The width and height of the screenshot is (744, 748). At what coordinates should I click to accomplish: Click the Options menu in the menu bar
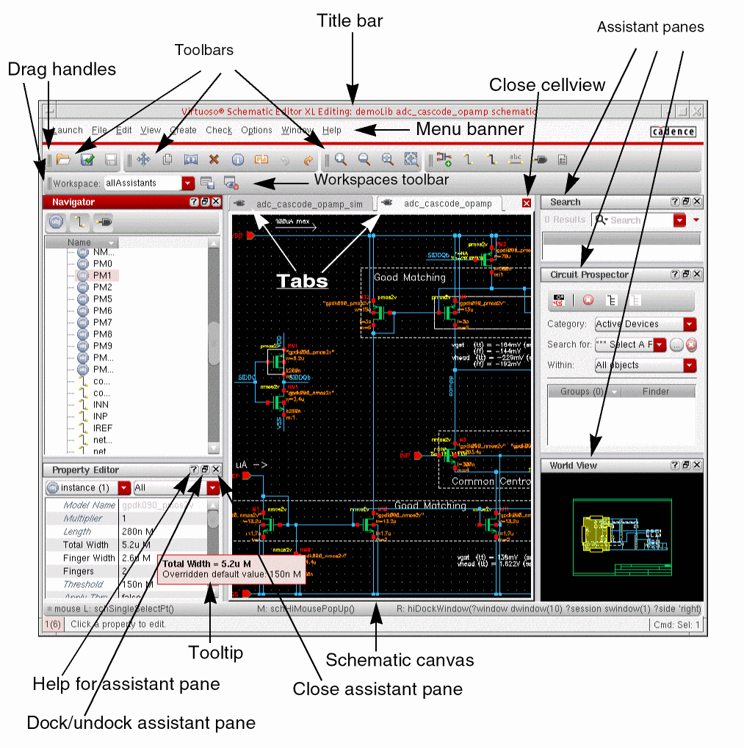(x=256, y=130)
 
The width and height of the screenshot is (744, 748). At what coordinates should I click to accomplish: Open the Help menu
(x=332, y=130)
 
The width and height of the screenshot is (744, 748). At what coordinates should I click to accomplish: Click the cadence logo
(x=673, y=131)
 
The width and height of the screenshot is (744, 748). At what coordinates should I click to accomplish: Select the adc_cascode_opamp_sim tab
(x=303, y=203)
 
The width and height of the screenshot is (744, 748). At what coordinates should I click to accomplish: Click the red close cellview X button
(x=527, y=203)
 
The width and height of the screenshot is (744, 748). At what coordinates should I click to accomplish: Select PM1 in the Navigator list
(x=103, y=275)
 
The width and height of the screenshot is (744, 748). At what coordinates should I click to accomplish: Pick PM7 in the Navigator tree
(x=103, y=322)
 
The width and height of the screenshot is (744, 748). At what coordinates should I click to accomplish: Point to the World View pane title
(x=573, y=465)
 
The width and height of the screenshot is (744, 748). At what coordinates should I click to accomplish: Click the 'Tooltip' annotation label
(x=215, y=653)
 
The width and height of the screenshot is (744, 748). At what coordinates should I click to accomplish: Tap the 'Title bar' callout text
(x=350, y=21)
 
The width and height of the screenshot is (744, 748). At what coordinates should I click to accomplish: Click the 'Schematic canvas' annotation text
(x=400, y=660)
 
